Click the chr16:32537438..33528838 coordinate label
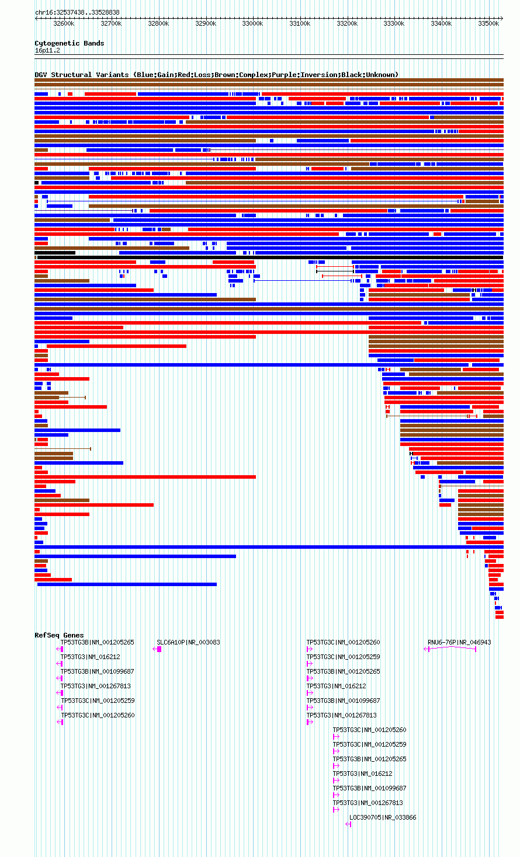[x=77, y=12]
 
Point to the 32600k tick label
[x=64, y=24]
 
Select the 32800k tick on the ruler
[x=158, y=24]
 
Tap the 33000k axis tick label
[x=253, y=24]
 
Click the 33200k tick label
[x=347, y=24]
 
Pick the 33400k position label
[x=442, y=24]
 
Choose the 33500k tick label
[x=488, y=24]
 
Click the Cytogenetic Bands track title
[x=70, y=43]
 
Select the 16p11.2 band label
[x=47, y=51]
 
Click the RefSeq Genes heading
[x=60, y=635]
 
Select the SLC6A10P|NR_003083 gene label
[x=188, y=642]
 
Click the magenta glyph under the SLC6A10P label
[x=157, y=649]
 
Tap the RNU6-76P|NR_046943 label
[x=459, y=642]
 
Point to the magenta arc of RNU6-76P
[x=452, y=647]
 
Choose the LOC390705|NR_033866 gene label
[x=383, y=817]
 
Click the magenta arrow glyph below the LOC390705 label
[x=348, y=824]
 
